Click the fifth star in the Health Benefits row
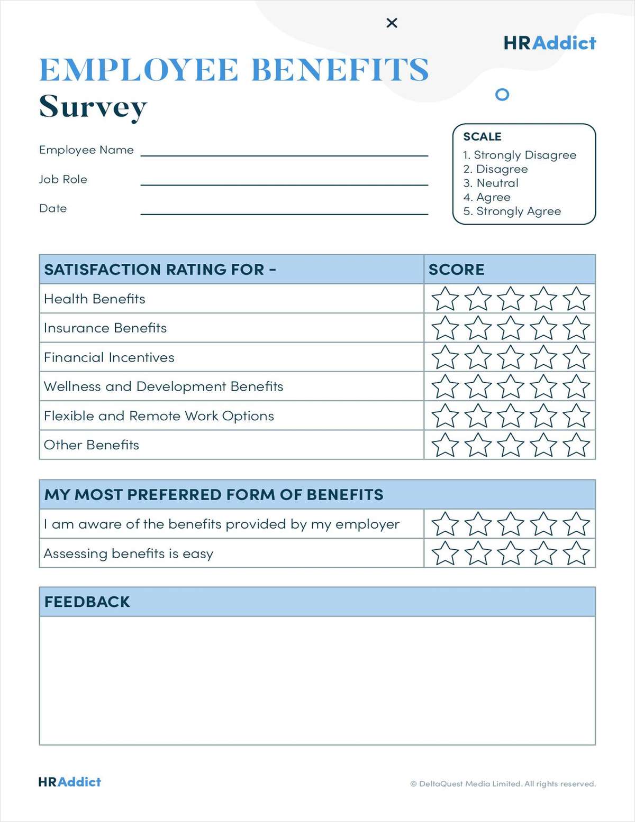click(576, 299)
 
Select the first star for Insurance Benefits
click(445, 328)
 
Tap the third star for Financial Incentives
click(511, 358)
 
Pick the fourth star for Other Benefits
click(543, 445)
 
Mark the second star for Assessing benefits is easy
click(478, 554)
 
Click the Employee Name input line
click(284, 151)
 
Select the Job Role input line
click(284, 180)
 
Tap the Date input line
click(284, 209)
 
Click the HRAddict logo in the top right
click(550, 43)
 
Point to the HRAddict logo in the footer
click(69, 782)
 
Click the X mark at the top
click(392, 23)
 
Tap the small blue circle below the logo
click(502, 95)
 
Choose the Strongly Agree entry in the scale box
click(512, 211)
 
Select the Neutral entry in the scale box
click(491, 183)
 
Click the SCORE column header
click(456, 270)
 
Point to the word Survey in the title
click(93, 107)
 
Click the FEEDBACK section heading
click(87, 602)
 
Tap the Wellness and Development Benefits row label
click(164, 386)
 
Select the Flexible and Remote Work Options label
click(159, 416)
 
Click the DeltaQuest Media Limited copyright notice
click(503, 784)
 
